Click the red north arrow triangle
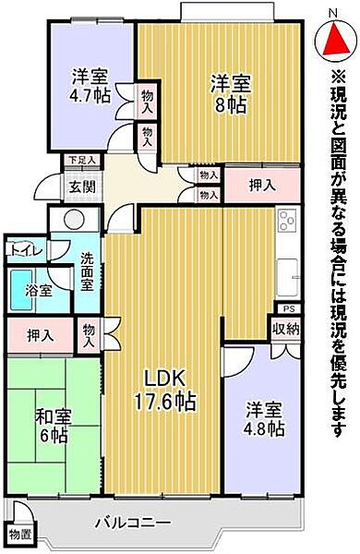tap(335, 38)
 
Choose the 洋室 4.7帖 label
tap(89, 86)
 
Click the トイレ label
tap(23, 248)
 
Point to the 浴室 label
tap(37, 289)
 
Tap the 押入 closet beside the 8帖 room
tap(261, 185)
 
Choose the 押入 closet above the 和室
tap(39, 331)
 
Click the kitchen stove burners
tap(285, 222)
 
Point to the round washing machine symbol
tap(66, 222)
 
